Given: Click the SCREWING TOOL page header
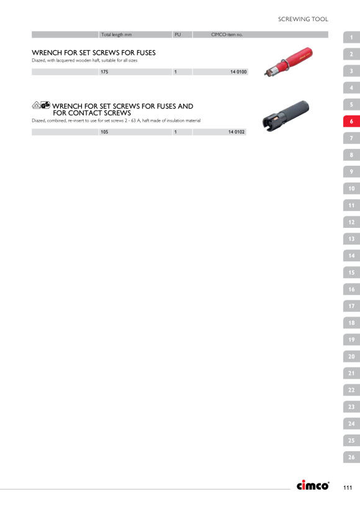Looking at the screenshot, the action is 303,19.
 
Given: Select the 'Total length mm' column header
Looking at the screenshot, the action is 117,34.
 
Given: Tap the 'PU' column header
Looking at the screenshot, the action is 178,34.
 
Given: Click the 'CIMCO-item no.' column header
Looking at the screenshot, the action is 227,34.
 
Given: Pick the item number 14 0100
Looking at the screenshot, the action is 238,72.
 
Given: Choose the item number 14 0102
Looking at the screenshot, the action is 236,132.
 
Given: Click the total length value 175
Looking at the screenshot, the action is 104,72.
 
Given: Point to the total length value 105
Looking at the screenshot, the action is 104,132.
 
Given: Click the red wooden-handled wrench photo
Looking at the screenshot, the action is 288,61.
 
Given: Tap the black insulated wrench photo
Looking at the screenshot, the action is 286,116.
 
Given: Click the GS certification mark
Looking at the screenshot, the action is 45,105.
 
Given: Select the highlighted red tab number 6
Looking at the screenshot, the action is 351,122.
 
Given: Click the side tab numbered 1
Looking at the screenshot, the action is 351,37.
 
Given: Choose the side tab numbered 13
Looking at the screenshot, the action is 351,239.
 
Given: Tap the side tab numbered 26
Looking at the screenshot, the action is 351,457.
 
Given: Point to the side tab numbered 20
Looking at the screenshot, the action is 351,356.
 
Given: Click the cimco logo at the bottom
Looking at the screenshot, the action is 313,485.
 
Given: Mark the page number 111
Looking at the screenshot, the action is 348,487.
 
